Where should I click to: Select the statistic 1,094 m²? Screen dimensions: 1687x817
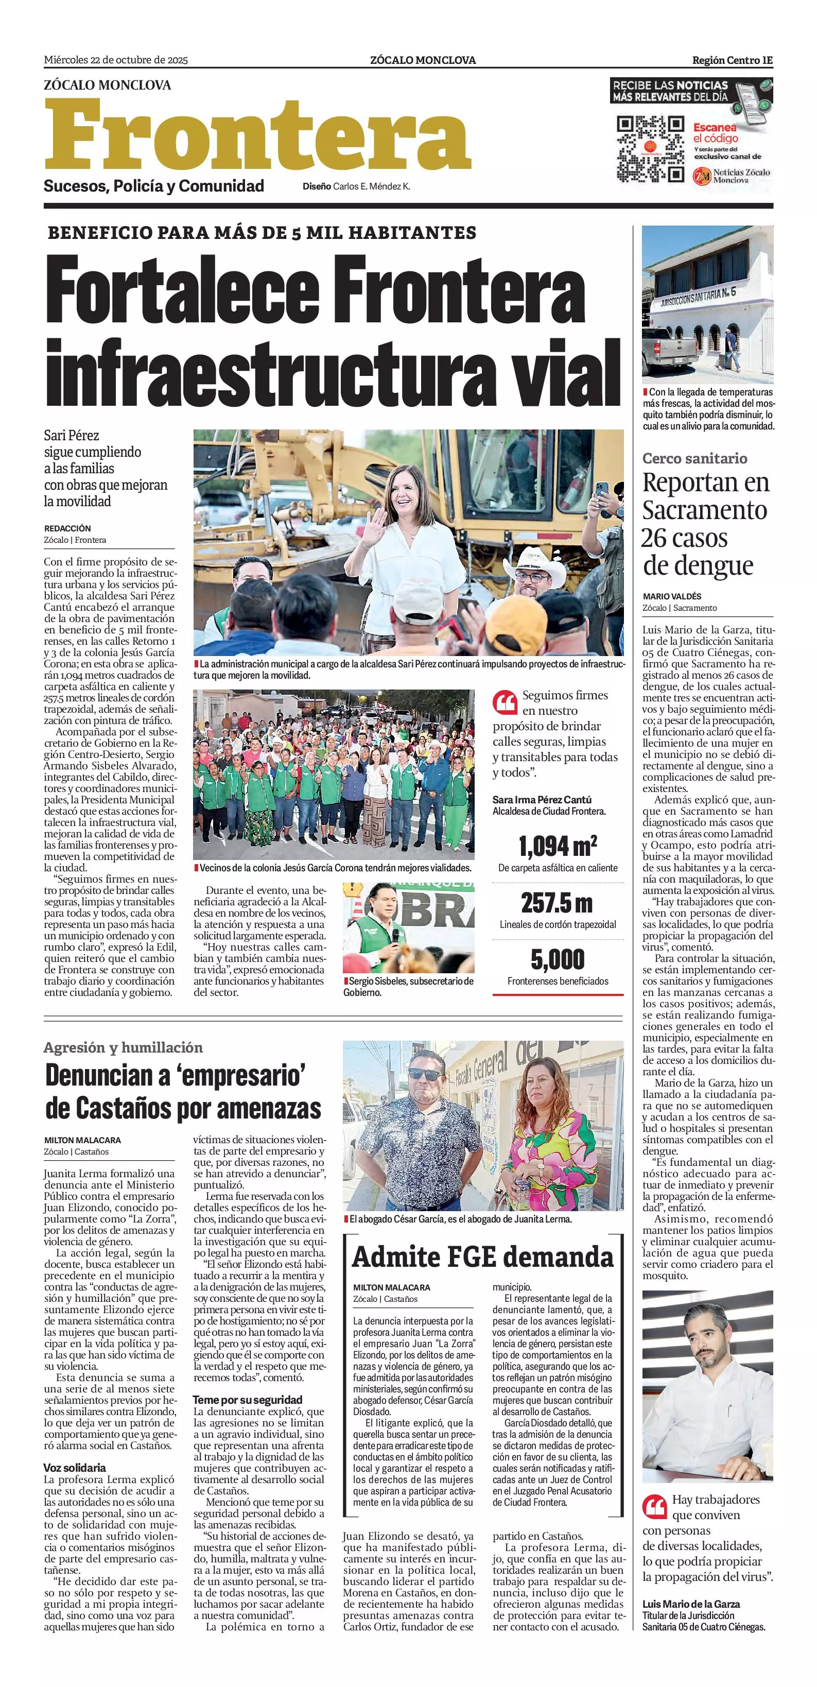(x=557, y=847)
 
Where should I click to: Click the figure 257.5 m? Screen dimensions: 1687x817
(x=557, y=904)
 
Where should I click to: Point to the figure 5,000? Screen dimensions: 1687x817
(x=557, y=960)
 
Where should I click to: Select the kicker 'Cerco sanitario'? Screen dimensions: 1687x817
(x=694, y=458)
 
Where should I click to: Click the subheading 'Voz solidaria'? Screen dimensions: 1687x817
(x=75, y=1468)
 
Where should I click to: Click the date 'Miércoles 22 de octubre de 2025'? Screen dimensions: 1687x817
(x=116, y=60)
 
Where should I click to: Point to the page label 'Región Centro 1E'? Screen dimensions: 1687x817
(x=733, y=60)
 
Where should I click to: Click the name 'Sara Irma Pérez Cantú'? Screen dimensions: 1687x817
(x=542, y=800)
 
